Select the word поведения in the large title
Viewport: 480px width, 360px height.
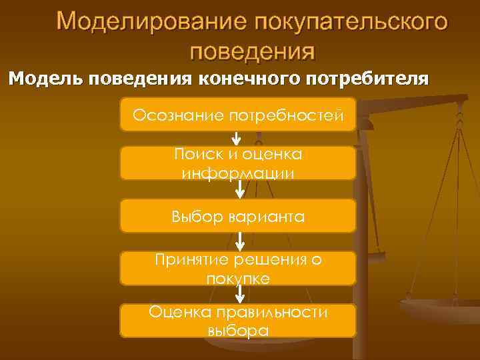[x=252, y=51]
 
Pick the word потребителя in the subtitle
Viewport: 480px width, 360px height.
[x=367, y=79]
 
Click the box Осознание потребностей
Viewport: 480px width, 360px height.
[x=238, y=115]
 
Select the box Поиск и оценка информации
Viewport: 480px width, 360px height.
[x=238, y=163]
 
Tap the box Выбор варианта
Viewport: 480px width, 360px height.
[x=238, y=216]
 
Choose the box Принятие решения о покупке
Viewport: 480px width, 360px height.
[x=238, y=269]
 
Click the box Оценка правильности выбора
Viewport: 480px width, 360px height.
[x=238, y=321]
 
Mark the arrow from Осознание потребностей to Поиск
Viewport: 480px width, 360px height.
[x=236, y=139]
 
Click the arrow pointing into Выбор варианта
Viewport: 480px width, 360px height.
[x=239, y=189]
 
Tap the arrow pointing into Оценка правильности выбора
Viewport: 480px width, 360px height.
[x=239, y=294]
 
